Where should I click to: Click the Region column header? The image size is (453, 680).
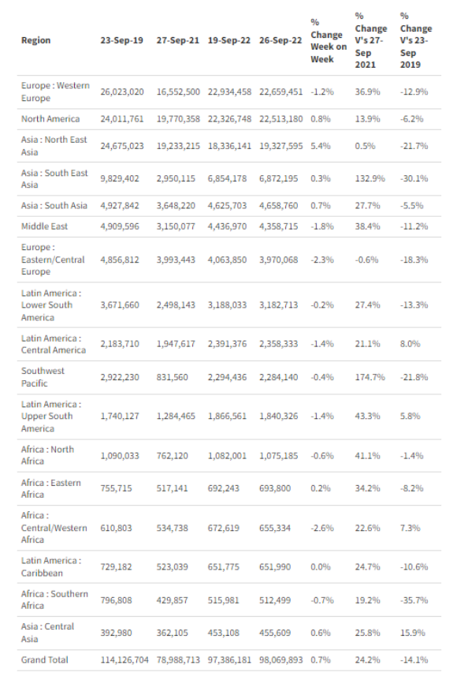[x=36, y=40]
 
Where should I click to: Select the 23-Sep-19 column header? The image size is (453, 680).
[x=121, y=40]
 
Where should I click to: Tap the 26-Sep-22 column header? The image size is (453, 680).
[x=280, y=40]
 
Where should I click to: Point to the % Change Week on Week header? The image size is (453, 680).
[x=329, y=40]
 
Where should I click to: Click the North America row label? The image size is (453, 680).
[x=50, y=119]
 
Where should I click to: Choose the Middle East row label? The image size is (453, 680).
[x=44, y=226]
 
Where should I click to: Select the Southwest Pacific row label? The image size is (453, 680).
[x=43, y=377]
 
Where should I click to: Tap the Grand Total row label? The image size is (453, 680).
[x=45, y=659]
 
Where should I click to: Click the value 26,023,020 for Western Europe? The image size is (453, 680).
[x=121, y=92]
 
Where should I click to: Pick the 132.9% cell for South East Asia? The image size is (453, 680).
[x=369, y=178]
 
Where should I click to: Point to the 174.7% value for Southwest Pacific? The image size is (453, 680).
[x=369, y=377]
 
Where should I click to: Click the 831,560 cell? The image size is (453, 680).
[x=172, y=377]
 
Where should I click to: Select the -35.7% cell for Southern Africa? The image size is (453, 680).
[x=414, y=600]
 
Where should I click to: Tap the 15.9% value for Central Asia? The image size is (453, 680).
[x=412, y=633]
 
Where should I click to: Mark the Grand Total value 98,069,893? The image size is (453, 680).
[x=280, y=659]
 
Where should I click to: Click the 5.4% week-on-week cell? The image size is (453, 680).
[x=321, y=146]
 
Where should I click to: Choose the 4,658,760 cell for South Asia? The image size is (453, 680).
[x=278, y=206]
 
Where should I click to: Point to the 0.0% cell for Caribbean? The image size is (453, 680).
[x=321, y=567]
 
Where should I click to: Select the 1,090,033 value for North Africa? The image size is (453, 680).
[x=120, y=456]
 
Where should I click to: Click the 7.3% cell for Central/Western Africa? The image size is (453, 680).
[x=410, y=528]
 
